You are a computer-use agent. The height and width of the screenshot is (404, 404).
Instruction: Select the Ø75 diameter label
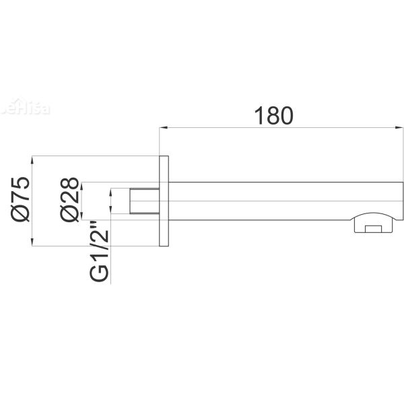click(21, 199)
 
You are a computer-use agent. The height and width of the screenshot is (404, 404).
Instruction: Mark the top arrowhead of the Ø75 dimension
click(34, 160)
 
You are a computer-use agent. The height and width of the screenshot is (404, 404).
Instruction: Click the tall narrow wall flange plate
click(164, 201)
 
